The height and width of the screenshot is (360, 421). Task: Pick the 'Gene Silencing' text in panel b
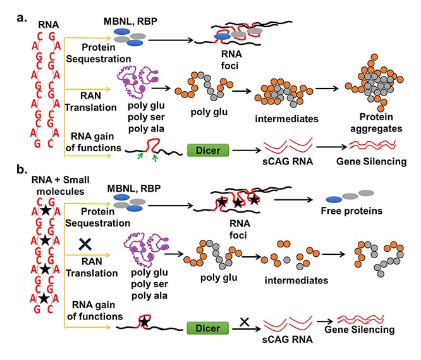point(362,330)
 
